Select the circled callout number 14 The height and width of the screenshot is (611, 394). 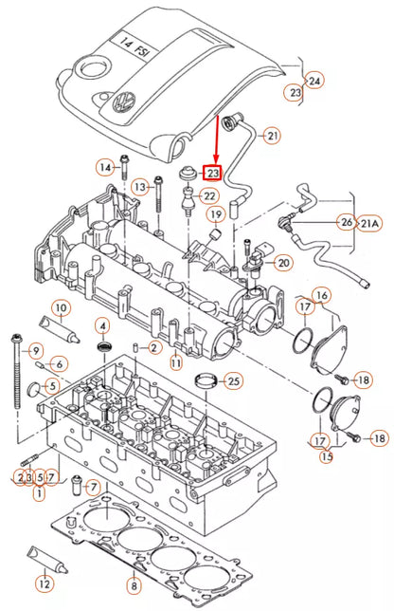pyautogui.click(x=103, y=168)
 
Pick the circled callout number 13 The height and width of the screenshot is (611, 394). pyautogui.click(x=139, y=186)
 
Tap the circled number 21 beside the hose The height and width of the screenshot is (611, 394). pyautogui.click(x=273, y=136)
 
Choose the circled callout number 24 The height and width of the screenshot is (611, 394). pyautogui.click(x=314, y=81)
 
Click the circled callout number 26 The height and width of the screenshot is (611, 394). pyautogui.click(x=347, y=222)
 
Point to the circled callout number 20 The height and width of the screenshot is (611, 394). pyautogui.click(x=283, y=262)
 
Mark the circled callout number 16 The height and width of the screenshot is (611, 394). pyautogui.click(x=322, y=297)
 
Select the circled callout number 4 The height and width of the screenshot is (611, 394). pyautogui.click(x=101, y=327)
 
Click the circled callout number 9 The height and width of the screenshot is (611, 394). pyautogui.click(x=35, y=351)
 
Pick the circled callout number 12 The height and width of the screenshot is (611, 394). pyautogui.click(x=44, y=584)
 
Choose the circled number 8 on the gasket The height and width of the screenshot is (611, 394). pyautogui.click(x=134, y=585)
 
